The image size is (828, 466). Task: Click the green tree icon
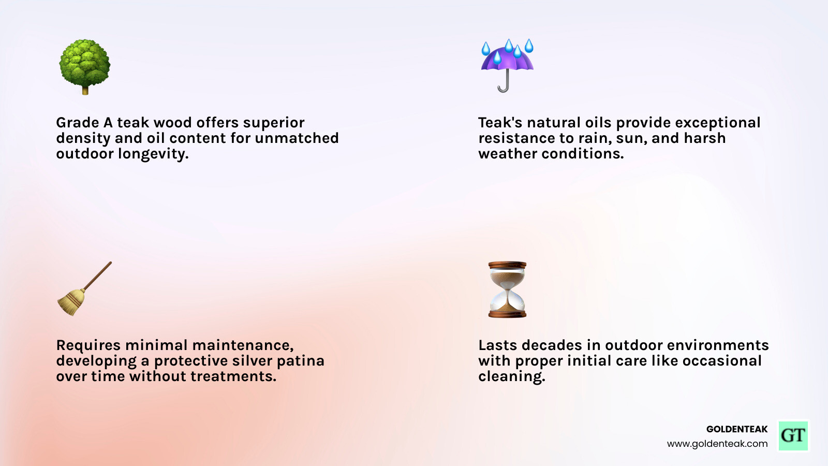[85, 66]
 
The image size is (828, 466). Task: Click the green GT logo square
[793, 435]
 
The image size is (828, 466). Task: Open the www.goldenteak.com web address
[717, 444]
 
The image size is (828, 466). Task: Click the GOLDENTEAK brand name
[736, 429]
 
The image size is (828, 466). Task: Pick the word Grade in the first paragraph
[77, 123]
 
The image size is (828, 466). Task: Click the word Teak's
[500, 123]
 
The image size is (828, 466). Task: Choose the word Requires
[88, 345]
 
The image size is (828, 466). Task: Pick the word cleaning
[511, 377]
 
